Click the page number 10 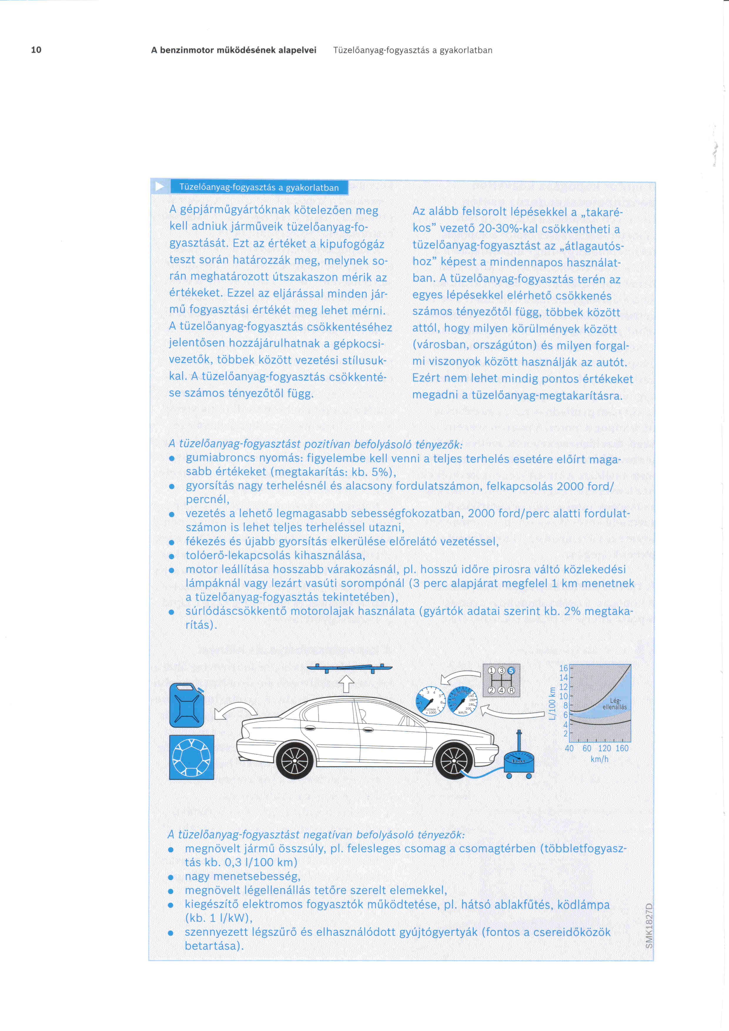tap(36, 50)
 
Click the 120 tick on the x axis tap(604, 748)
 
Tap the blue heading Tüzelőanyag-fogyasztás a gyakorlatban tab tap(259, 187)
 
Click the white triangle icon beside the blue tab tap(159, 186)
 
